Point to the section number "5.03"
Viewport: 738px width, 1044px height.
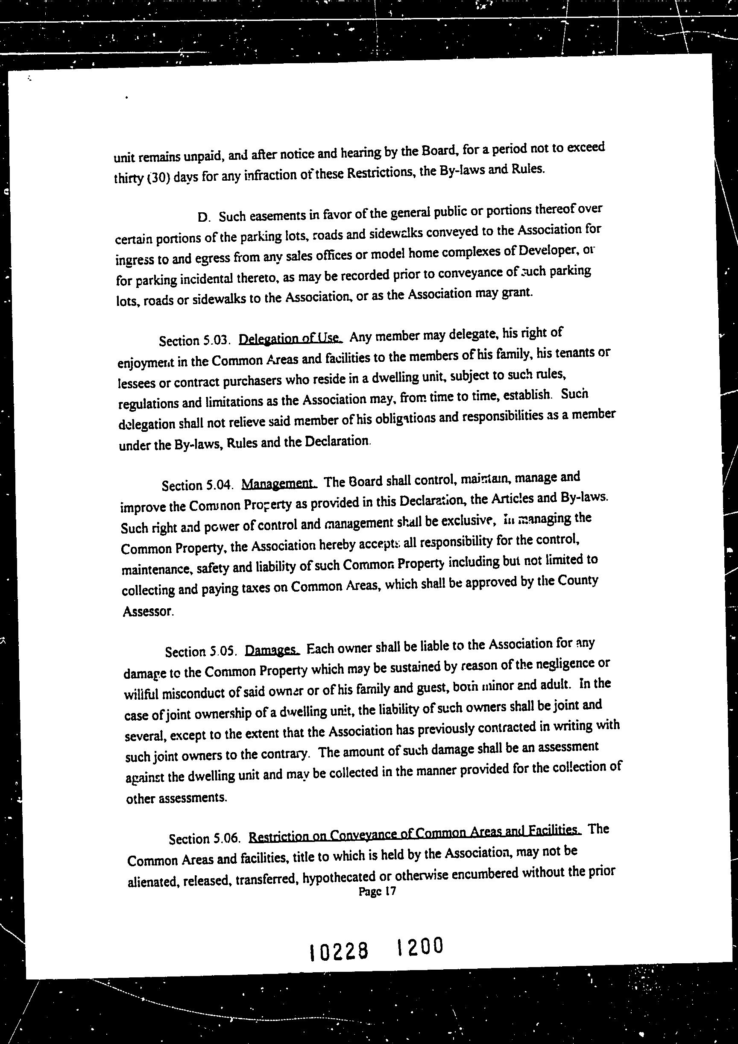[x=214, y=340]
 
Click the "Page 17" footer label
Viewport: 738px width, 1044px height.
[x=378, y=891]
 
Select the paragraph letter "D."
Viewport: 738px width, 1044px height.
[x=203, y=217]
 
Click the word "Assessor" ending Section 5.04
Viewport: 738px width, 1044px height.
[x=148, y=611]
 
